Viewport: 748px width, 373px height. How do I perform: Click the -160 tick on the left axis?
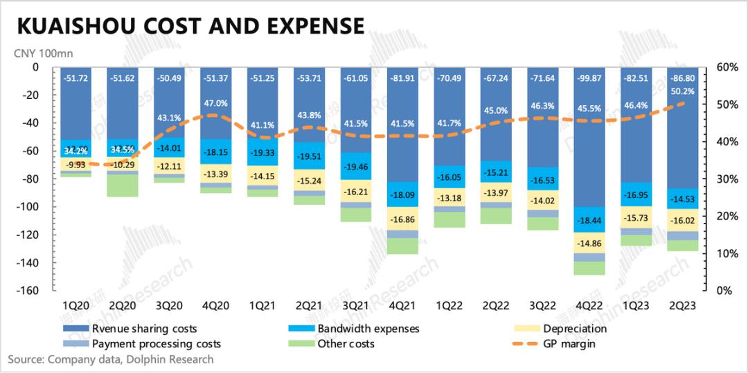[x=30, y=291]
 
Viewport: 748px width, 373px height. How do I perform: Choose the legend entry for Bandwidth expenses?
[x=368, y=329]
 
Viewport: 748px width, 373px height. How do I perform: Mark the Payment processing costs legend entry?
[x=156, y=344]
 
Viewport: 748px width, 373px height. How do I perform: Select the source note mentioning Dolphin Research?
[x=111, y=359]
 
